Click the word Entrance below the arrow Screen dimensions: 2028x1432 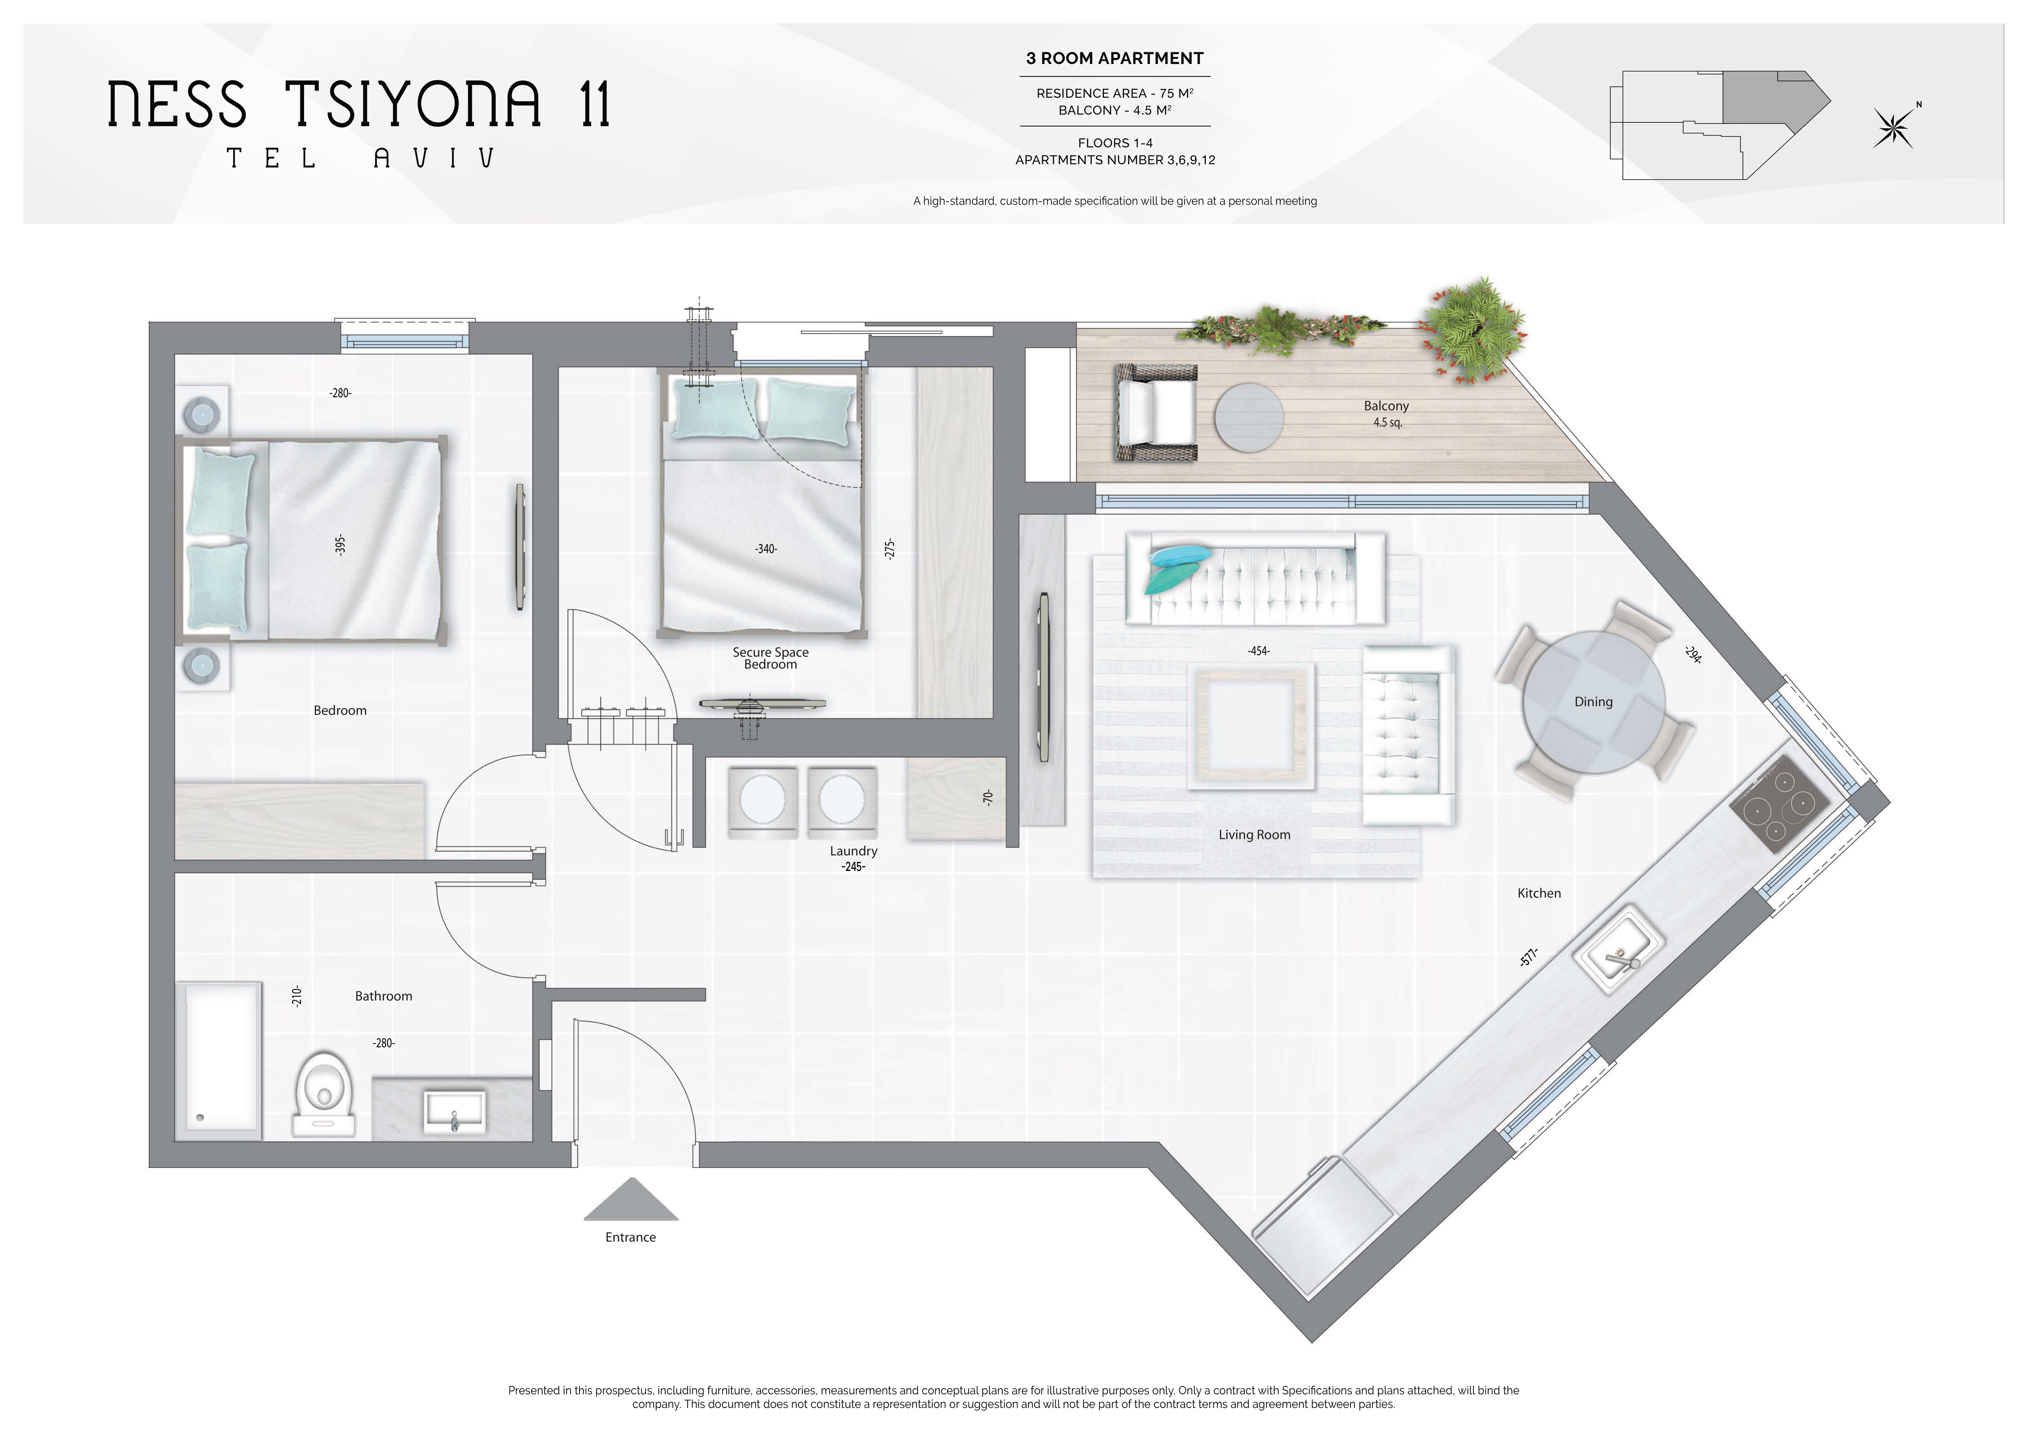coord(631,1238)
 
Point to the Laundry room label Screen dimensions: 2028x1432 coord(853,851)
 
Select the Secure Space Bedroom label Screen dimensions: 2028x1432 coord(770,658)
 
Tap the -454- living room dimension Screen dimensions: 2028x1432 coord(1259,651)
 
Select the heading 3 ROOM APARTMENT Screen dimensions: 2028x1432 coord(1115,58)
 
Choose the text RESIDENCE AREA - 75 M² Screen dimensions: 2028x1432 coord(1115,93)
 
